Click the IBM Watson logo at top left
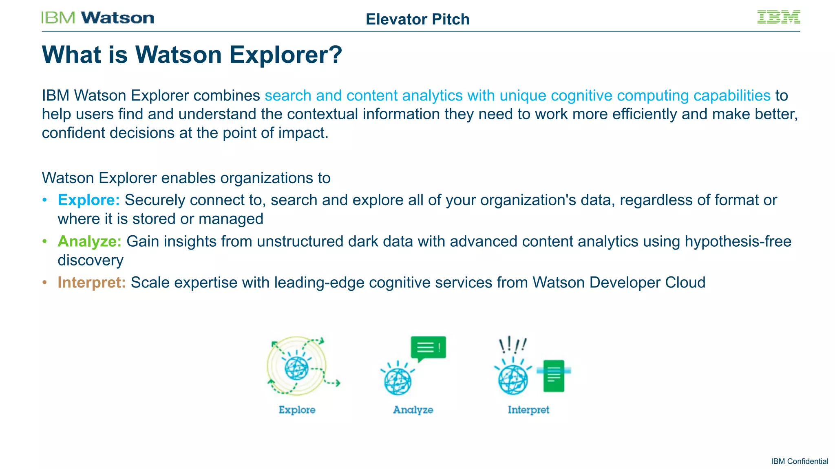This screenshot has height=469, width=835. (97, 18)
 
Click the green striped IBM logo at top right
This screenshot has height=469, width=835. (778, 17)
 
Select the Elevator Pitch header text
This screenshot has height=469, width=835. (417, 20)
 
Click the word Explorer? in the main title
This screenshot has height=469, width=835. (286, 55)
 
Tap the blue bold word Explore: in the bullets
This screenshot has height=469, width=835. (88, 200)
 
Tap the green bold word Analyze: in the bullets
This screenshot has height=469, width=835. (89, 241)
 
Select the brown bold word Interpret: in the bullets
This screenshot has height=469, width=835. (91, 283)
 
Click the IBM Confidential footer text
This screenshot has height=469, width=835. (799, 461)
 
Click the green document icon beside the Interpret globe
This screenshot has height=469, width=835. (554, 375)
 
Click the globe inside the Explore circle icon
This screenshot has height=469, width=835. (296, 368)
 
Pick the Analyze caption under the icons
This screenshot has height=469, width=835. (413, 410)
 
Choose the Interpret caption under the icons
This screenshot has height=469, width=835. (528, 410)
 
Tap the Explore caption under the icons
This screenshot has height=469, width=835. (297, 410)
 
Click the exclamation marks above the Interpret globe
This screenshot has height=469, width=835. (513, 345)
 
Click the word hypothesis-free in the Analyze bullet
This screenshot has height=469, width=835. (738, 241)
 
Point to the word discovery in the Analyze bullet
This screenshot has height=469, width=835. (91, 261)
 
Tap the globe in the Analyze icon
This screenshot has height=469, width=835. (398, 381)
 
